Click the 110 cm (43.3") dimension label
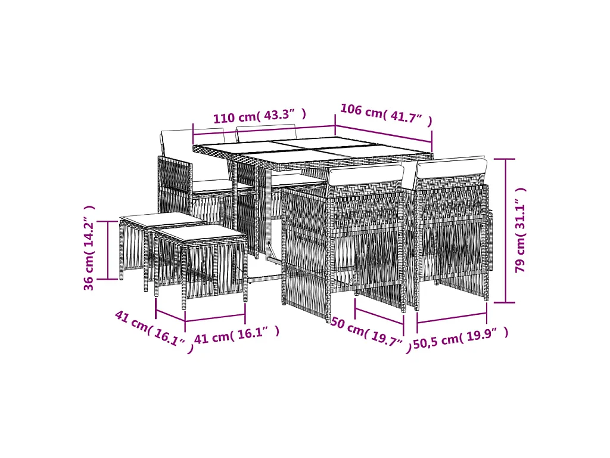pos(260,116)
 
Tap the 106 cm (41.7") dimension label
pos(386,114)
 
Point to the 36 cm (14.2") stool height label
pos(89,247)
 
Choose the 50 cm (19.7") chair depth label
pos(371,333)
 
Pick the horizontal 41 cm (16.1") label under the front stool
pos(236,335)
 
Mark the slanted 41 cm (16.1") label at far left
pos(154,330)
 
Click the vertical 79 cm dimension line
pos(506,231)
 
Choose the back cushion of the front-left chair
pos(366,175)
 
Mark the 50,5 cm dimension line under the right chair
pos(452,317)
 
